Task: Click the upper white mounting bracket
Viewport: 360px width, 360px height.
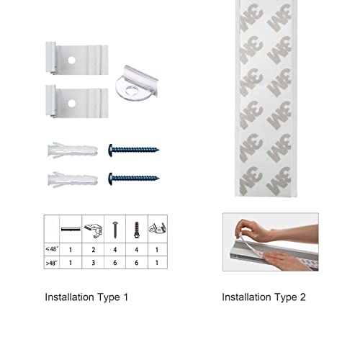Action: pyautogui.click(x=76, y=62)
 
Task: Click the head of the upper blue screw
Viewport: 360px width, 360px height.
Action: pyautogui.click(x=112, y=150)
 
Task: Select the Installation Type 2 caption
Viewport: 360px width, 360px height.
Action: pyautogui.click(x=264, y=297)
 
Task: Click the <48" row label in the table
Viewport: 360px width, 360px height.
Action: pyautogui.click(x=53, y=248)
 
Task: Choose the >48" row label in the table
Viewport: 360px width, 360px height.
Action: pyautogui.click(x=53, y=263)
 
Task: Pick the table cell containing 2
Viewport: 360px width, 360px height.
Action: pyautogui.click(x=92, y=248)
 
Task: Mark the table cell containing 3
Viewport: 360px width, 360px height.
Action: pyautogui.click(x=92, y=263)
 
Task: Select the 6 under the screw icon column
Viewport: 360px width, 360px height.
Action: pyautogui.click(x=114, y=263)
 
